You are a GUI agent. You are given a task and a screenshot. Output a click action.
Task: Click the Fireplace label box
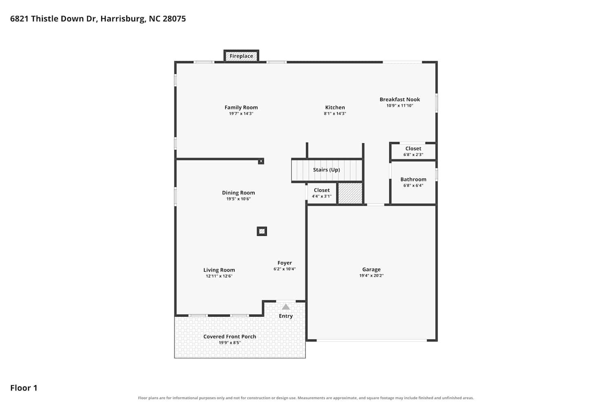[x=241, y=56]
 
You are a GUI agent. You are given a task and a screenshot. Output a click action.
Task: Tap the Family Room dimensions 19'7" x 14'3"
[x=241, y=114]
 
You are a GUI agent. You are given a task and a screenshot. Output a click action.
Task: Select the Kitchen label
[x=335, y=107]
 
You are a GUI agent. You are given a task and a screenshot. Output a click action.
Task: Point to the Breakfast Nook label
[x=400, y=100]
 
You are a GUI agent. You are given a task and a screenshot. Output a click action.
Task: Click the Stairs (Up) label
[x=326, y=170]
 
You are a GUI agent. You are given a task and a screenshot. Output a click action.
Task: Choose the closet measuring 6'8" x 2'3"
[x=413, y=151]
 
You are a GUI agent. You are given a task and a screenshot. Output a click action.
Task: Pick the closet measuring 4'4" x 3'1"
[x=322, y=193]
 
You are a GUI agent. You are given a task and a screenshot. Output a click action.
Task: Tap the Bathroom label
[x=413, y=179]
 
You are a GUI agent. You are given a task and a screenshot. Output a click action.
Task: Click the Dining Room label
[x=238, y=193]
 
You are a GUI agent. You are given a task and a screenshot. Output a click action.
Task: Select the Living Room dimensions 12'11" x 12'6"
[x=219, y=276]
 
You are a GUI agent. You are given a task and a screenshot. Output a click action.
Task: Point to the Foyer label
[x=285, y=263]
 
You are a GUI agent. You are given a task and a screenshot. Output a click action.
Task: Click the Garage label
[x=371, y=269]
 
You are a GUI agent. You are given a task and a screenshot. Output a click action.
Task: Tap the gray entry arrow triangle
[x=286, y=307]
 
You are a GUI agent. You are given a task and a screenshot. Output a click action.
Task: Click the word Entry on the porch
[x=286, y=316]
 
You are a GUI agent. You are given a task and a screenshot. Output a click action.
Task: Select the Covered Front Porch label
[x=230, y=337]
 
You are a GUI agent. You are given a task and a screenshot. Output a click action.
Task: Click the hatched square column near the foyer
[x=262, y=231]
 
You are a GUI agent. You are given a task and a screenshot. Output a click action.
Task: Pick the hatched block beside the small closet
[x=350, y=193]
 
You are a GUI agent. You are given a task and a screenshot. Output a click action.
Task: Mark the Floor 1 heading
[x=24, y=388]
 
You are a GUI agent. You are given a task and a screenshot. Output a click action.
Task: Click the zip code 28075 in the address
[x=174, y=19]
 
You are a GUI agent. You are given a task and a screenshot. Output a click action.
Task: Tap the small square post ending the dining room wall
[x=261, y=161]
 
